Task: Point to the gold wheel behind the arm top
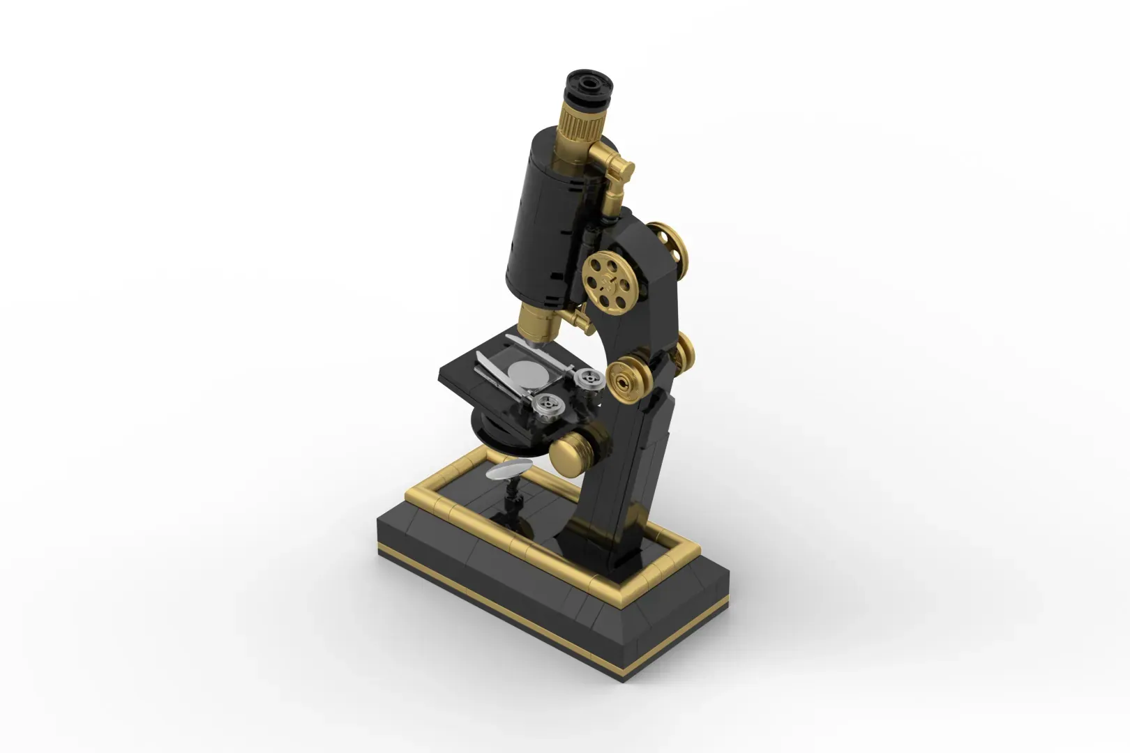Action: click(x=670, y=241)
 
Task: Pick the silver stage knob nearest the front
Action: click(x=548, y=404)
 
